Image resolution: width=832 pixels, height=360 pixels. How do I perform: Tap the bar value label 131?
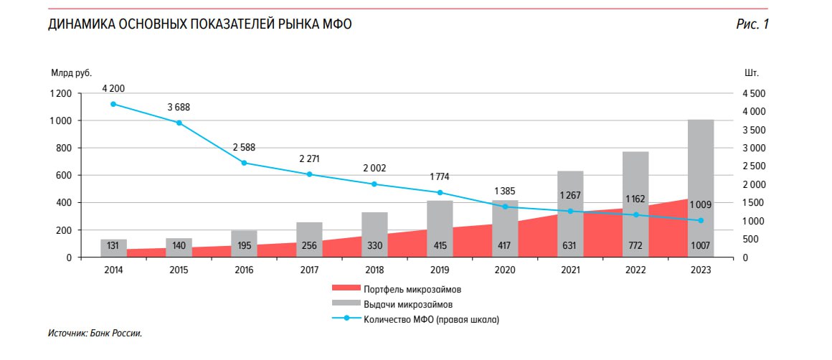coord(113,246)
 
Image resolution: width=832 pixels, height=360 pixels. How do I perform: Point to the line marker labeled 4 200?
coord(113,104)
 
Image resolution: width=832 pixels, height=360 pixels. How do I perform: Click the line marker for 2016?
coord(244,163)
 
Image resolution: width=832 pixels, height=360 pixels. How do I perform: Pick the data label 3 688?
coord(179,108)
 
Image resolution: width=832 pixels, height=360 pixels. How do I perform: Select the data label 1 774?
coord(440,176)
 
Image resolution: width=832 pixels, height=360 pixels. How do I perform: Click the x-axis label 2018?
coord(374,270)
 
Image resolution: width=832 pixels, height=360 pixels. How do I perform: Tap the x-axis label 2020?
coord(505,270)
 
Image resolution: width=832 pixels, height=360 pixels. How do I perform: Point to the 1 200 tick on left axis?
coord(60,94)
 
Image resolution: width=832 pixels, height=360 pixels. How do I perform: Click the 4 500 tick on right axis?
coord(755,94)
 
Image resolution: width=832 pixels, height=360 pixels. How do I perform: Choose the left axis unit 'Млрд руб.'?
coord(71,73)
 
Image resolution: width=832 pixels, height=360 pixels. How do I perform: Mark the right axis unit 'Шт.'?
coord(752,73)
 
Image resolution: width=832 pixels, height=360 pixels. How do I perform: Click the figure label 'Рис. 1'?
coord(752,24)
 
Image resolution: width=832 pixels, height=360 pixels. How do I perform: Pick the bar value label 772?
coord(635,246)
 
